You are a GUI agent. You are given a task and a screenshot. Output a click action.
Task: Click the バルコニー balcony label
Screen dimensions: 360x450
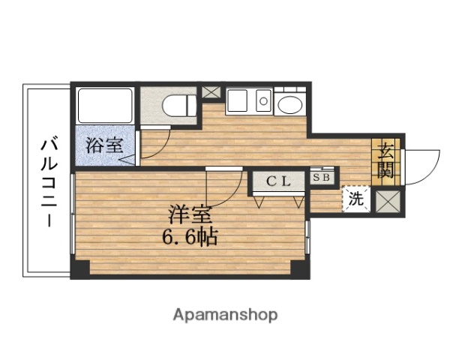pos(50,180)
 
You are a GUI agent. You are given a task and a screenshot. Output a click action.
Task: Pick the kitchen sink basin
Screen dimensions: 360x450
pos(238,100)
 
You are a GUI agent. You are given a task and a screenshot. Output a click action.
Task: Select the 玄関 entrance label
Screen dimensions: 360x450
pos(386,159)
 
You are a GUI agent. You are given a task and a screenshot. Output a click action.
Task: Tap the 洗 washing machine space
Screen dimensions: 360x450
pos(357,199)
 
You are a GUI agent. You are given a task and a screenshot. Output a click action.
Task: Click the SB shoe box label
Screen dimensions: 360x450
pos(321,178)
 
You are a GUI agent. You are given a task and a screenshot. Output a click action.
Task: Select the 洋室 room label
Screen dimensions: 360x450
pos(188,215)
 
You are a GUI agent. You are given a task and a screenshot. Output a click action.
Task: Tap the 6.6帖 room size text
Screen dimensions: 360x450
pos(190,238)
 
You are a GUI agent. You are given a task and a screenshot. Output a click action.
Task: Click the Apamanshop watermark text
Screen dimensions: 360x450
pos(225,314)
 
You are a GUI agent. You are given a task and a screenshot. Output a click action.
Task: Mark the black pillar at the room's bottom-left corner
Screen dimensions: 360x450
pos(80,268)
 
